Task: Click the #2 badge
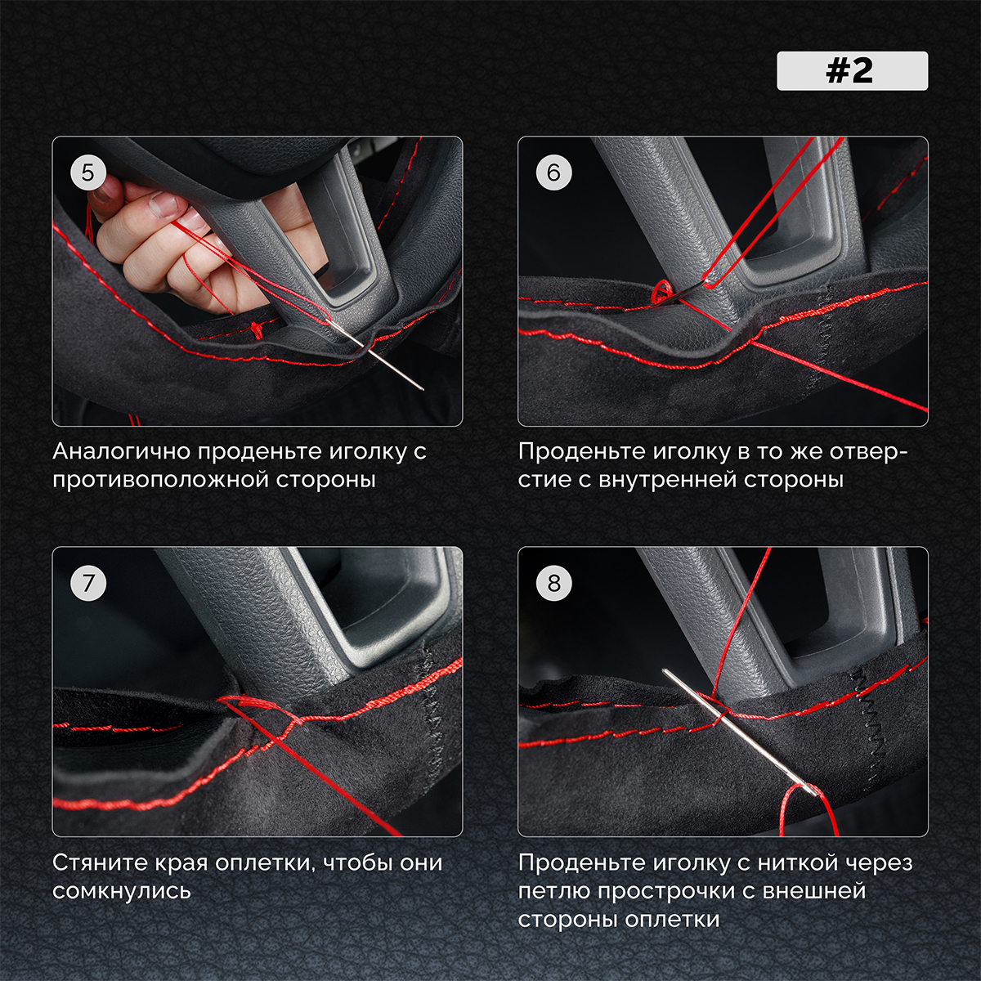(852, 71)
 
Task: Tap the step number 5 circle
(88, 172)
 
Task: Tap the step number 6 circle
(554, 172)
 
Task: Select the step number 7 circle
(88, 583)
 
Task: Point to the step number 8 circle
(554, 583)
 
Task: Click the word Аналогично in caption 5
(120, 451)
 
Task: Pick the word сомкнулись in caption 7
(122, 891)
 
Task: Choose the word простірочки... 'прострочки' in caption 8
(674, 891)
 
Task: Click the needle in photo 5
(376, 355)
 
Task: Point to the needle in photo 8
(741, 732)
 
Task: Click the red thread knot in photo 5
(258, 330)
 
